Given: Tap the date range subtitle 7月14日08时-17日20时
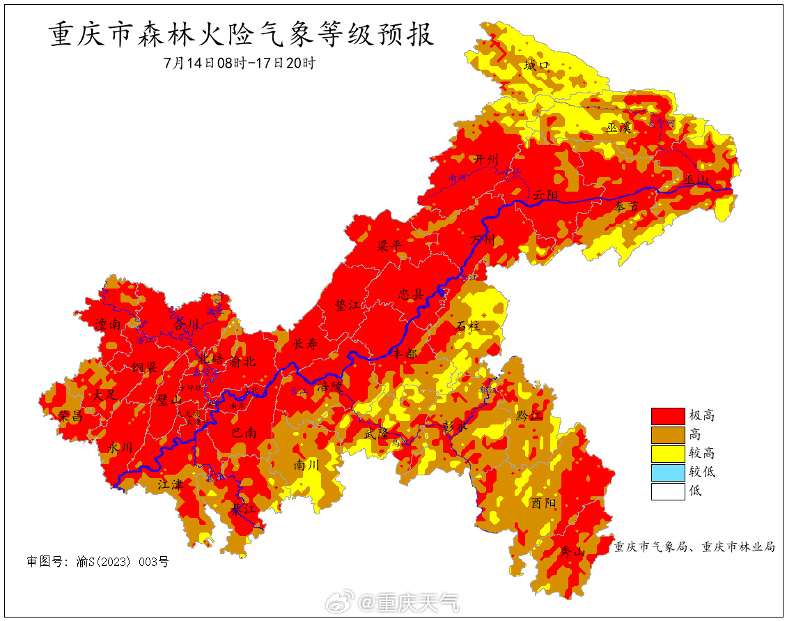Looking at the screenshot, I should pos(240,63).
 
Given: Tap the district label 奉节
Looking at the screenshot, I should pos(626,207).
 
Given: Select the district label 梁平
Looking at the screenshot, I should pos(391,247).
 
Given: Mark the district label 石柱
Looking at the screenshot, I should pos(468,325).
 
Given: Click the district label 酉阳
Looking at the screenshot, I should pos(544,503).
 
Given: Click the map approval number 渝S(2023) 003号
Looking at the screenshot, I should pos(98,561).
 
